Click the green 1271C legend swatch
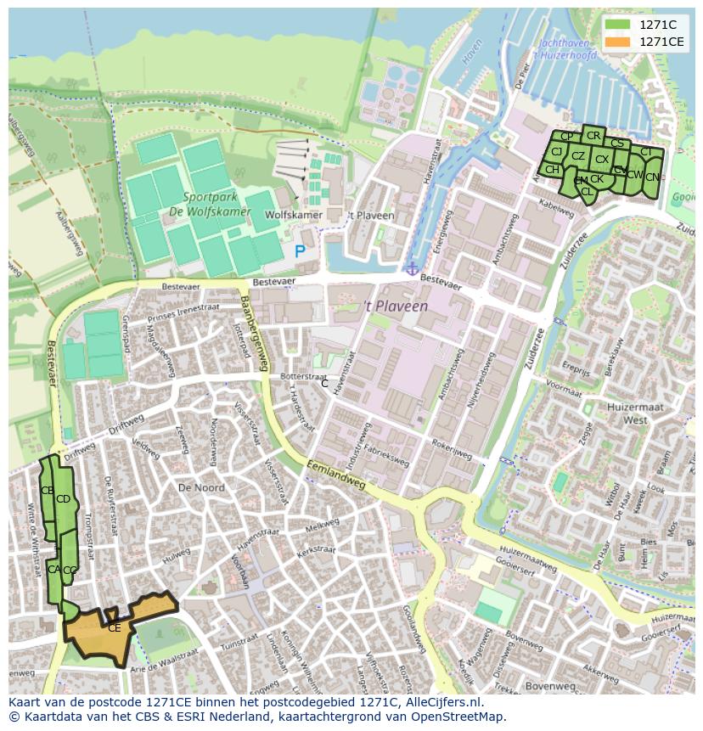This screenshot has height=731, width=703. (x=618, y=25)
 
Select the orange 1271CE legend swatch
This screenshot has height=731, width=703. (x=618, y=42)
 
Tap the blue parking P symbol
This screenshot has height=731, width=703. (x=300, y=251)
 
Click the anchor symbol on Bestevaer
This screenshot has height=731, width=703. (x=412, y=269)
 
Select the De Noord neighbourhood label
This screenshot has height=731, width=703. (x=201, y=487)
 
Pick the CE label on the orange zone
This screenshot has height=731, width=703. (x=114, y=628)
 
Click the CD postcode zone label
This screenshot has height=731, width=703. (x=63, y=499)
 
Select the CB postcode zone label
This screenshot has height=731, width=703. (x=48, y=491)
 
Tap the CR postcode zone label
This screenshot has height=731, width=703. (x=593, y=136)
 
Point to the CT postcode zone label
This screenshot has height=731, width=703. (x=646, y=152)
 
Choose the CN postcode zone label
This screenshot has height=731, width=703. (x=651, y=177)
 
